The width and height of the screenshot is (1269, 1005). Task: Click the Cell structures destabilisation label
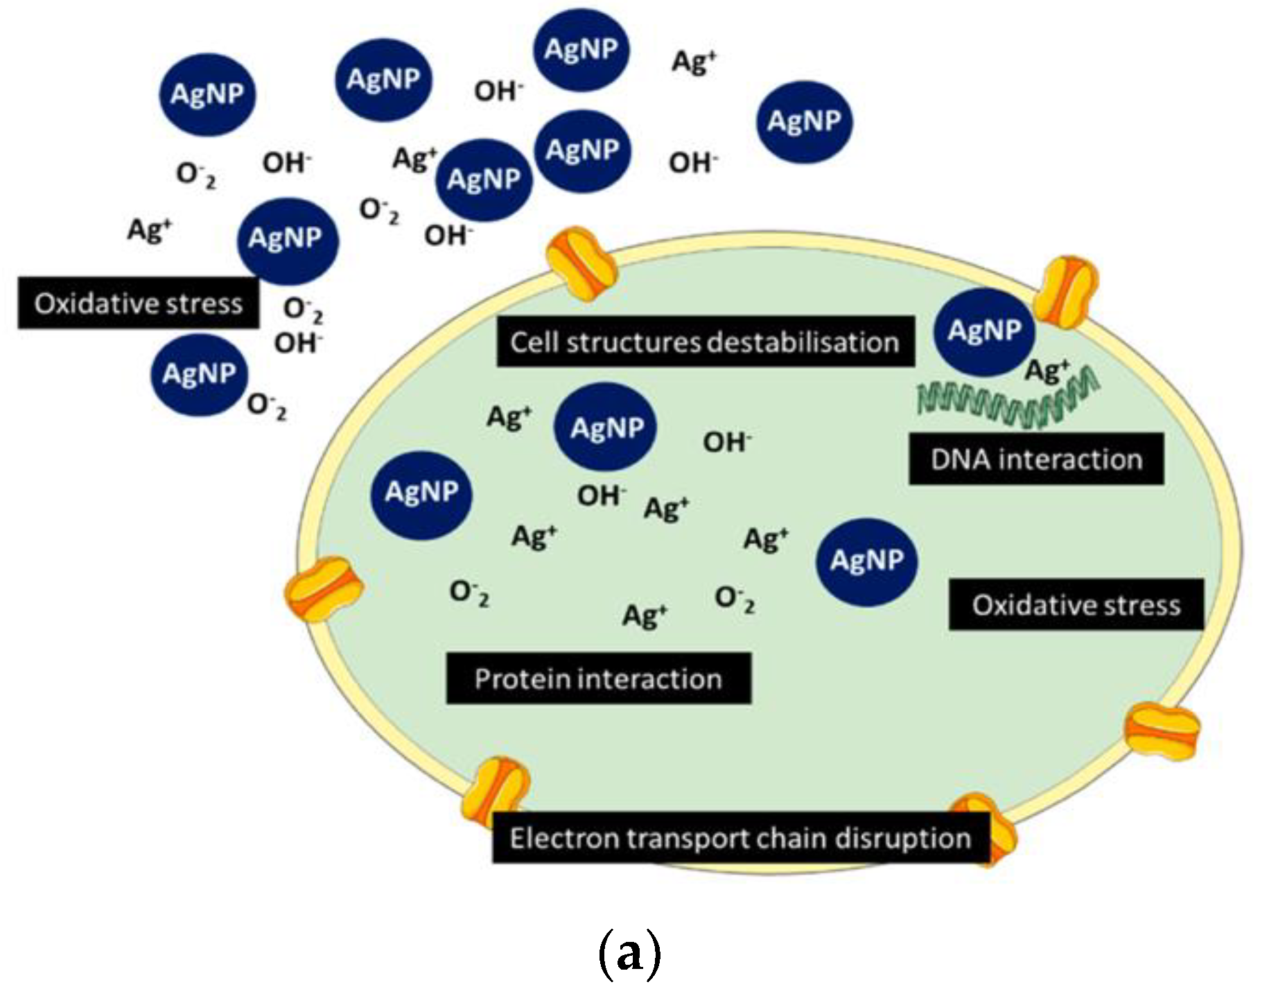[x=705, y=342]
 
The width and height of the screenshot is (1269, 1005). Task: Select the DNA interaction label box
[x=1035, y=459]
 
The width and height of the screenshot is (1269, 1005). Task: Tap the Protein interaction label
[x=598, y=678]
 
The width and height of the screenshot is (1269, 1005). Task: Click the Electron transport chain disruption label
[x=740, y=838]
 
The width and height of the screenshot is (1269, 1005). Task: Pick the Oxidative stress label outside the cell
[x=138, y=303]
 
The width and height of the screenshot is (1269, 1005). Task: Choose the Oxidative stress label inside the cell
[x=1076, y=604]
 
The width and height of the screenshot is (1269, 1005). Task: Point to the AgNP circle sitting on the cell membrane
[x=984, y=331]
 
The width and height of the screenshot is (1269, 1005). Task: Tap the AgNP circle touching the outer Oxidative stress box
[x=286, y=239]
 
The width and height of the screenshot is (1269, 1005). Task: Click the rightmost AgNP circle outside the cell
[x=803, y=121]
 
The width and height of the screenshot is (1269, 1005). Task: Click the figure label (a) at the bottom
[x=629, y=954]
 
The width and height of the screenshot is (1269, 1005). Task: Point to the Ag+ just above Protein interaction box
[x=645, y=615]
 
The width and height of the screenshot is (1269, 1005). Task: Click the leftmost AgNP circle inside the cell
[x=421, y=493]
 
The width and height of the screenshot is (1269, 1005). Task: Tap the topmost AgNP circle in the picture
[x=581, y=49]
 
